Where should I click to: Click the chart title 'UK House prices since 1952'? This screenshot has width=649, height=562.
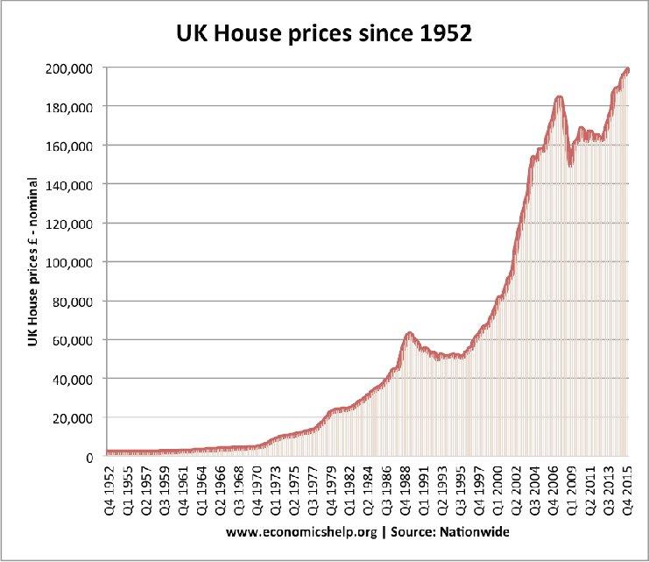pyautogui.click(x=325, y=35)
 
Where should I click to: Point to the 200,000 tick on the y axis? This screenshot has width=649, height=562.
pyautogui.click(x=71, y=68)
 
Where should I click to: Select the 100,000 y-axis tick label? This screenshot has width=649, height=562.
pyautogui.click(x=71, y=262)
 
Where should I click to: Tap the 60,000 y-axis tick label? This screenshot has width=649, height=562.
pyautogui.click(x=74, y=340)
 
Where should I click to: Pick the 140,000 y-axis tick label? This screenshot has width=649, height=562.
pyautogui.click(x=71, y=184)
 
